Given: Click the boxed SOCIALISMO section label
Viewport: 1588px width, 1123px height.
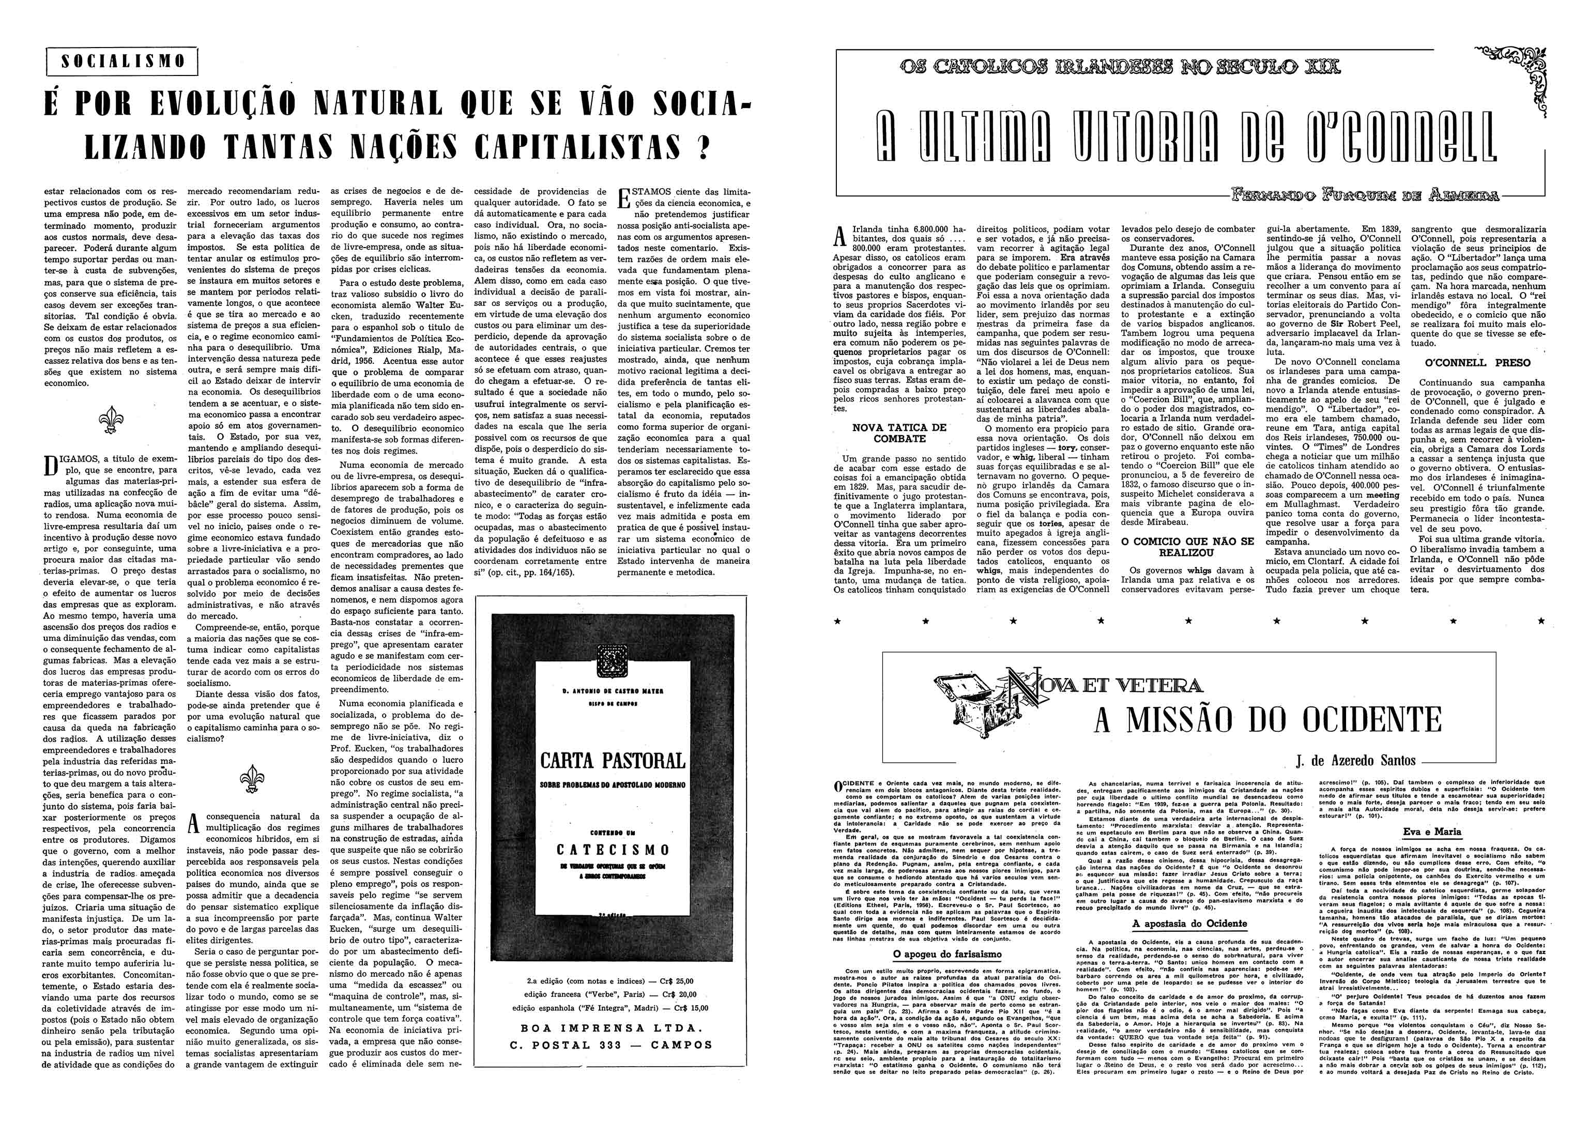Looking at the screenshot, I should (x=121, y=61).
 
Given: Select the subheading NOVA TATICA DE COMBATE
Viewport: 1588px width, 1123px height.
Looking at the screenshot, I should (x=899, y=433).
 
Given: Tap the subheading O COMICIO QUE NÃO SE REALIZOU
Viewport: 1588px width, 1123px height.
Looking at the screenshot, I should (x=1187, y=547).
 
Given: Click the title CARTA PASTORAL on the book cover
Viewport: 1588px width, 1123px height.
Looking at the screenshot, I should (x=613, y=761).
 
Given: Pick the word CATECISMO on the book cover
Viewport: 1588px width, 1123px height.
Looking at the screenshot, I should (x=613, y=850).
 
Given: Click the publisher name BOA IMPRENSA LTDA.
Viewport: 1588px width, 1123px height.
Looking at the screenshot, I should (x=612, y=1027).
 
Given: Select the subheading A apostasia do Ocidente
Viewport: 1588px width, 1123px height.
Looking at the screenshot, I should (x=1189, y=923).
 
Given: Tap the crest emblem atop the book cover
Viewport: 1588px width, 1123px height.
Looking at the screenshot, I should (x=612, y=660).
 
